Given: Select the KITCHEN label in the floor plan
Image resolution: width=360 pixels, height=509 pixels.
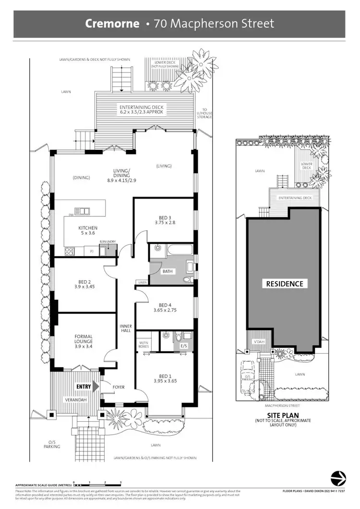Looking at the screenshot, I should pyautogui.click(x=88, y=228).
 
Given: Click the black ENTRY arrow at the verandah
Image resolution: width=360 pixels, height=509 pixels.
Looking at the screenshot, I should pyautogui.click(x=96, y=386).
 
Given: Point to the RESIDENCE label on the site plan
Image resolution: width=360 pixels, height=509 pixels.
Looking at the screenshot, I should pyautogui.click(x=285, y=284).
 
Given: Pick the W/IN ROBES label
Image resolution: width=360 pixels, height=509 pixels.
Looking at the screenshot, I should pyautogui.click(x=144, y=343).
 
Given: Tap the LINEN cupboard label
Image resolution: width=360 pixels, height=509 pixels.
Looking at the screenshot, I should pyautogui.click(x=142, y=282).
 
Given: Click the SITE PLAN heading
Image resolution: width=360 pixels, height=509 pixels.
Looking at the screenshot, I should pyautogui.click(x=283, y=415).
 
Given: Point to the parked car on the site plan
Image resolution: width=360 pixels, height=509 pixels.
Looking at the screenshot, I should pyautogui.click(x=247, y=371).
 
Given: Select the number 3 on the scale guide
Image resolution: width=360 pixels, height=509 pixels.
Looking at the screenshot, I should pyautogui.click(x=120, y=482).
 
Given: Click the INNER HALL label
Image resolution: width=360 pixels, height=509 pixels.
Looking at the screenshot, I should pyautogui.click(x=125, y=329).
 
